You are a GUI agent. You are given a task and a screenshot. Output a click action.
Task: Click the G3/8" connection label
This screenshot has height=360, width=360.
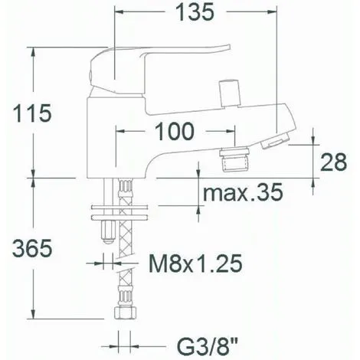pos(198,342)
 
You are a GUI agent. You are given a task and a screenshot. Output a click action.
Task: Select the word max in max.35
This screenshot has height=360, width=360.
pos(218,192)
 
